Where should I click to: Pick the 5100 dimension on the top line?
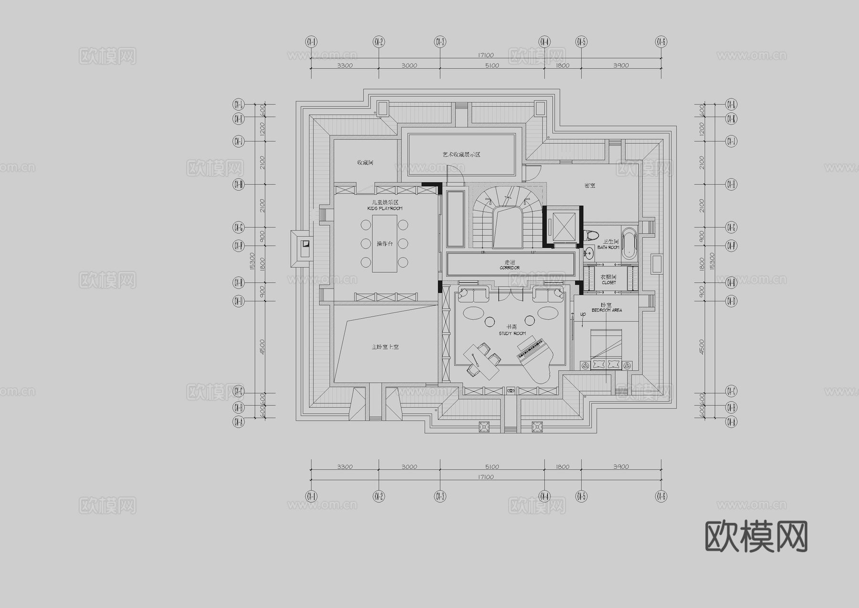pyautogui.click(x=492, y=65)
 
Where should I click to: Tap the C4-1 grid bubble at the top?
pyautogui.click(x=311, y=42)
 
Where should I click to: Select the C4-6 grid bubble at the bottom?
pyautogui.click(x=661, y=497)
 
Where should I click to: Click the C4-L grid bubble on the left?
pyautogui.click(x=238, y=104)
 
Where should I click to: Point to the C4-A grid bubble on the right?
pyautogui.click(x=731, y=422)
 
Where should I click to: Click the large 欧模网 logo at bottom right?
pyautogui.click(x=756, y=536)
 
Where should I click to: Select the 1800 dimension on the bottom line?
pyautogui.click(x=563, y=467)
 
